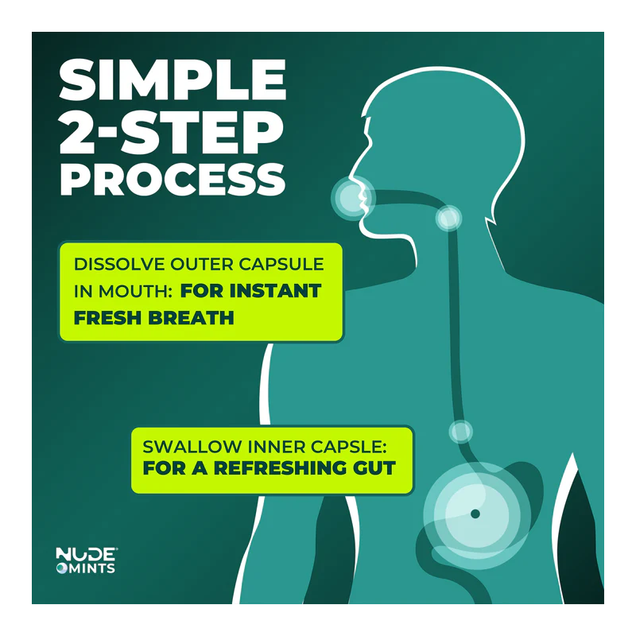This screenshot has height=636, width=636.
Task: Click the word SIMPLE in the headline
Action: (173, 79)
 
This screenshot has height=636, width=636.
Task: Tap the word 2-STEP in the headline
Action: (172, 131)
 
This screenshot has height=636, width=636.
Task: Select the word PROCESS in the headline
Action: (173, 180)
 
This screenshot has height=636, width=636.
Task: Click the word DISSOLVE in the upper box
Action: (119, 265)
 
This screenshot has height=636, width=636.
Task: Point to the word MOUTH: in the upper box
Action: (136, 291)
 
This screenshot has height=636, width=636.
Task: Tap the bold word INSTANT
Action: (276, 291)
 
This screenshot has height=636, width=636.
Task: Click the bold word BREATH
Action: (191, 318)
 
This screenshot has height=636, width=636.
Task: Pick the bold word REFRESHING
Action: (281, 468)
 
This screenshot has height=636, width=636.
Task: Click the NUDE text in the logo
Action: (86, 553)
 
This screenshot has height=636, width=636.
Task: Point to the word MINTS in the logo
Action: (91, 568)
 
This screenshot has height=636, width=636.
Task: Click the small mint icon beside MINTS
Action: (61, 568)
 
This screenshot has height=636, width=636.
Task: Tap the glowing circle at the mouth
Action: (353, 199)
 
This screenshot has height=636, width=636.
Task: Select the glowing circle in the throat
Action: (448, 218)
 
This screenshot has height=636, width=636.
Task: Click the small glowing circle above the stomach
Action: (461, 431)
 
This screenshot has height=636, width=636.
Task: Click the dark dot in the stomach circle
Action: (475, 514)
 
